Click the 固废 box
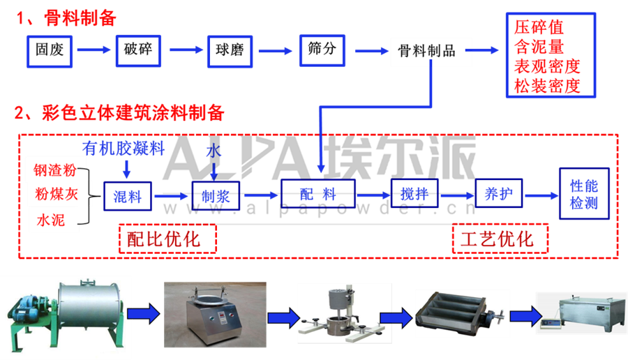point(50,50)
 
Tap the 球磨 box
point(230,50)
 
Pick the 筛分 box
point(321,50)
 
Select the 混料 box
point(127,196)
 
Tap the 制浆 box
point(215,196)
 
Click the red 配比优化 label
point(163,239)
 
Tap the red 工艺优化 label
point(496,239)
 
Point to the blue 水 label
point(214,151)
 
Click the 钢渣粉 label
point(55,170)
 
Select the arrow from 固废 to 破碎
point(94,50)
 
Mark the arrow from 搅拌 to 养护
point(456,195)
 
